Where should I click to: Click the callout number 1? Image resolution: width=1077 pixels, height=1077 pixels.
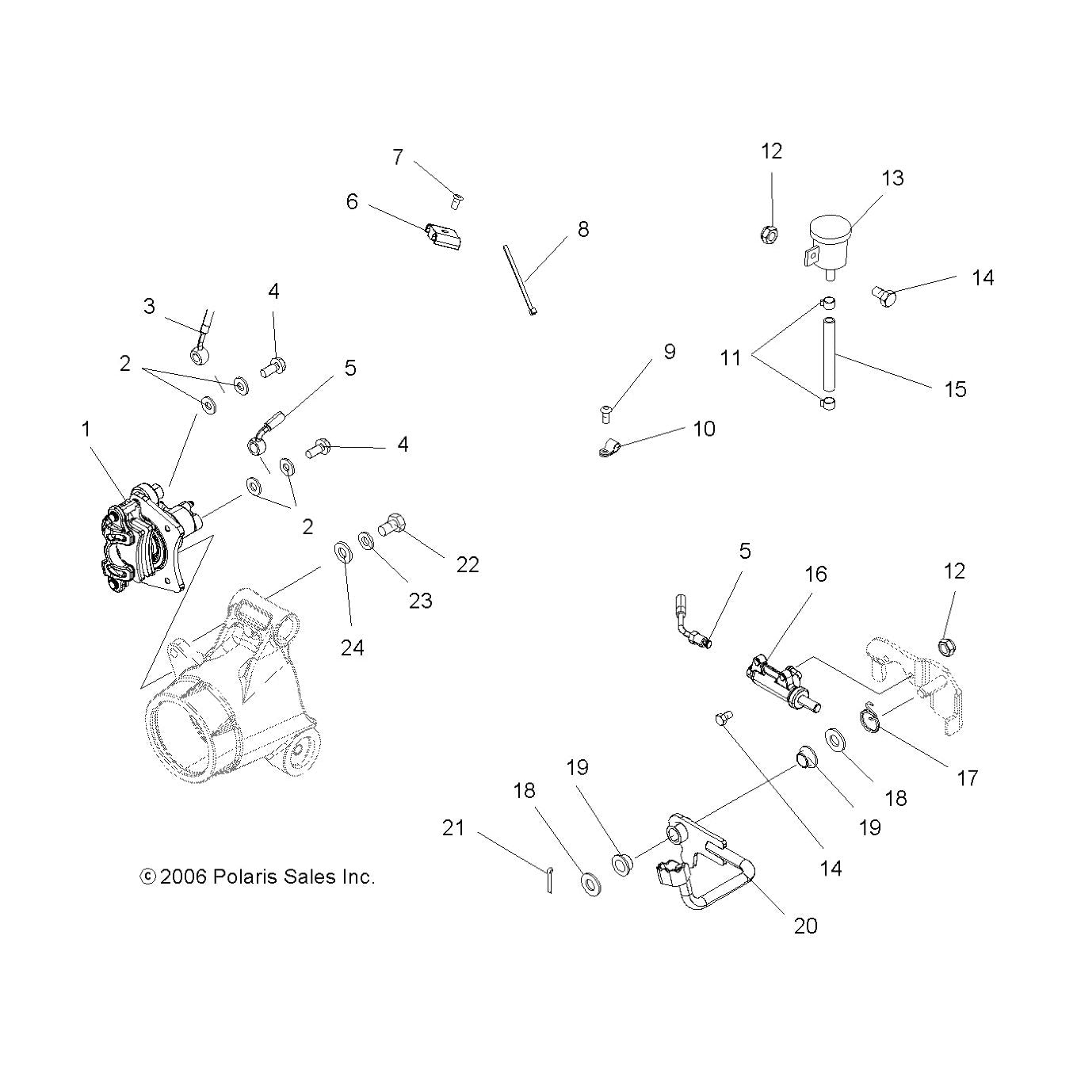pos(86,430)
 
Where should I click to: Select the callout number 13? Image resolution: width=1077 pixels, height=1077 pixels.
pos(892,178)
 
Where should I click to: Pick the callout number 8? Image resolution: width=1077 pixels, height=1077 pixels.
pos(583,229)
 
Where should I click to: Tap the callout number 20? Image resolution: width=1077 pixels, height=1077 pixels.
pos(805,926)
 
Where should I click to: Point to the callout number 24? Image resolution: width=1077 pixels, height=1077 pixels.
pos(352,648)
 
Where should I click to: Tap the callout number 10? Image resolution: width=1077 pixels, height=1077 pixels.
pos(705,429)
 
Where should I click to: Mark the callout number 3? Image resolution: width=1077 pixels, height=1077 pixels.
pos(149,306)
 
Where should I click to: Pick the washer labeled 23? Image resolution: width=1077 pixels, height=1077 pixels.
pos(366,540)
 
